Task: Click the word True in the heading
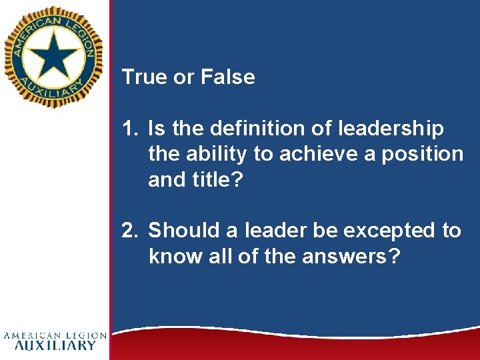click(x=144, y=77)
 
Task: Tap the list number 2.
click(x=129, y=231)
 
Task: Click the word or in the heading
click(x=183, y=77)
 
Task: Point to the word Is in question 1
click(x=157, y=128)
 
